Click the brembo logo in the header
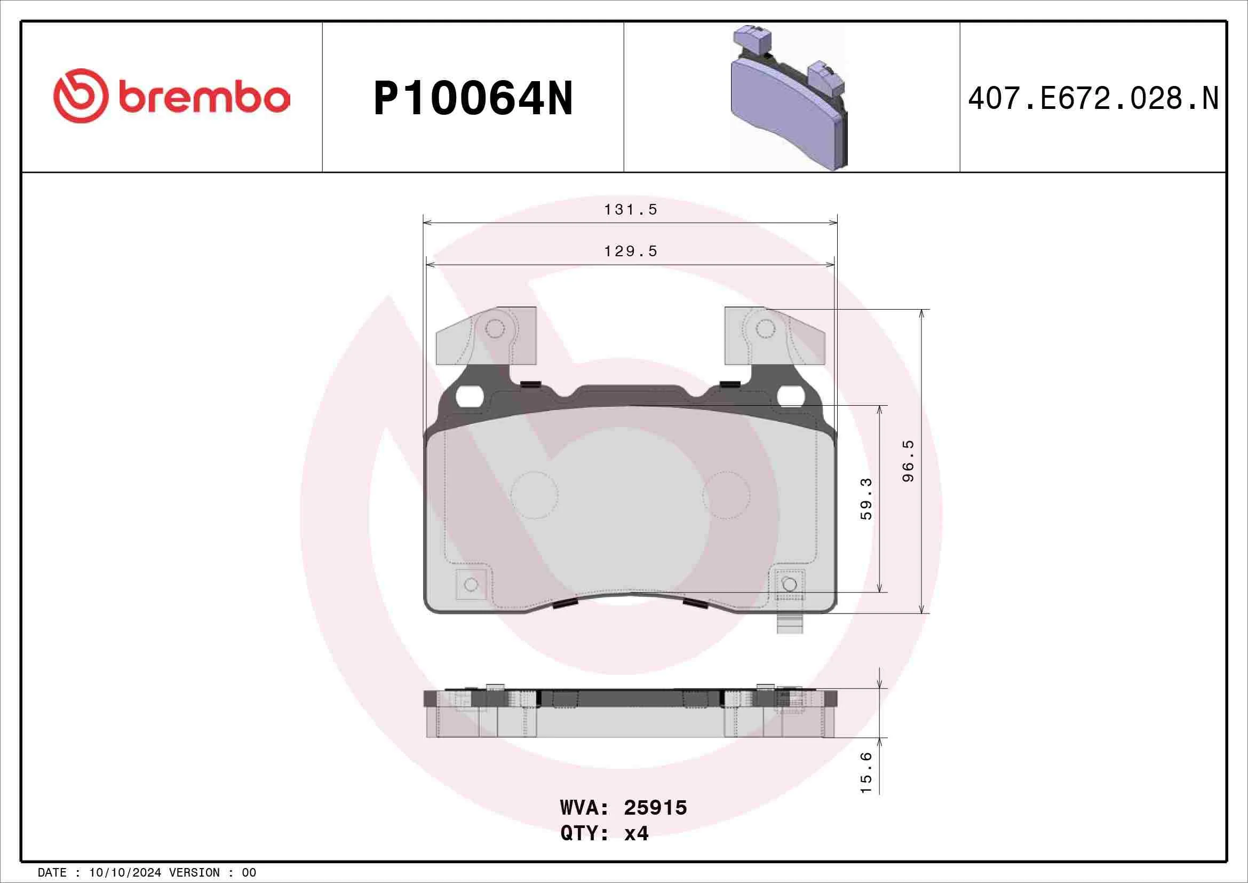[171, 96]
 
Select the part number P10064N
[473, 98]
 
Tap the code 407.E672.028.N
[1093, 98]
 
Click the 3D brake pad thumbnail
[789, 98]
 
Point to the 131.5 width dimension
[631, 209]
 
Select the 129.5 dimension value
[631, 251]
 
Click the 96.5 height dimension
[908, 461]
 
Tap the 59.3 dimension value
[866, 499]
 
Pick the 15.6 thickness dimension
[866, 772]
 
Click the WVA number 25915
[655, 807]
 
